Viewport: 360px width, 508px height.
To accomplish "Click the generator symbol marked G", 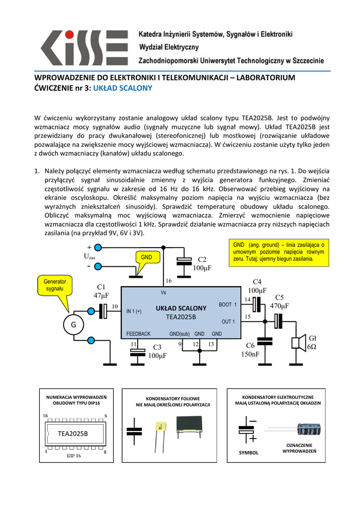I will pos(73,325).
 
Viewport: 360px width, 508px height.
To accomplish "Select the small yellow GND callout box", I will pos(146,257).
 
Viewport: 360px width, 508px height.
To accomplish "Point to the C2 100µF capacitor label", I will pos(202,263).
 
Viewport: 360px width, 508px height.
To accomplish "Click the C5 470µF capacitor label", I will pos(279,302).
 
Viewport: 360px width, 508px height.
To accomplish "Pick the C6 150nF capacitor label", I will pos(250,350).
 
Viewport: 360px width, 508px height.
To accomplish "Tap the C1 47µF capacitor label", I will pos(101,291).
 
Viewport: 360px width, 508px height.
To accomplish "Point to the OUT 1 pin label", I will pos(228,321).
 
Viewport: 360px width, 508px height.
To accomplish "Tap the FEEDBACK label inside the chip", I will pos(139,334).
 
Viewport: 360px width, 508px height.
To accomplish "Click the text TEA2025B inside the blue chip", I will pos(181,317).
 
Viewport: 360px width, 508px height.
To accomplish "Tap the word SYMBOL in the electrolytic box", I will pos(249,452).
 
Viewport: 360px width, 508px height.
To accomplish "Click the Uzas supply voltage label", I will pos(89,256).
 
